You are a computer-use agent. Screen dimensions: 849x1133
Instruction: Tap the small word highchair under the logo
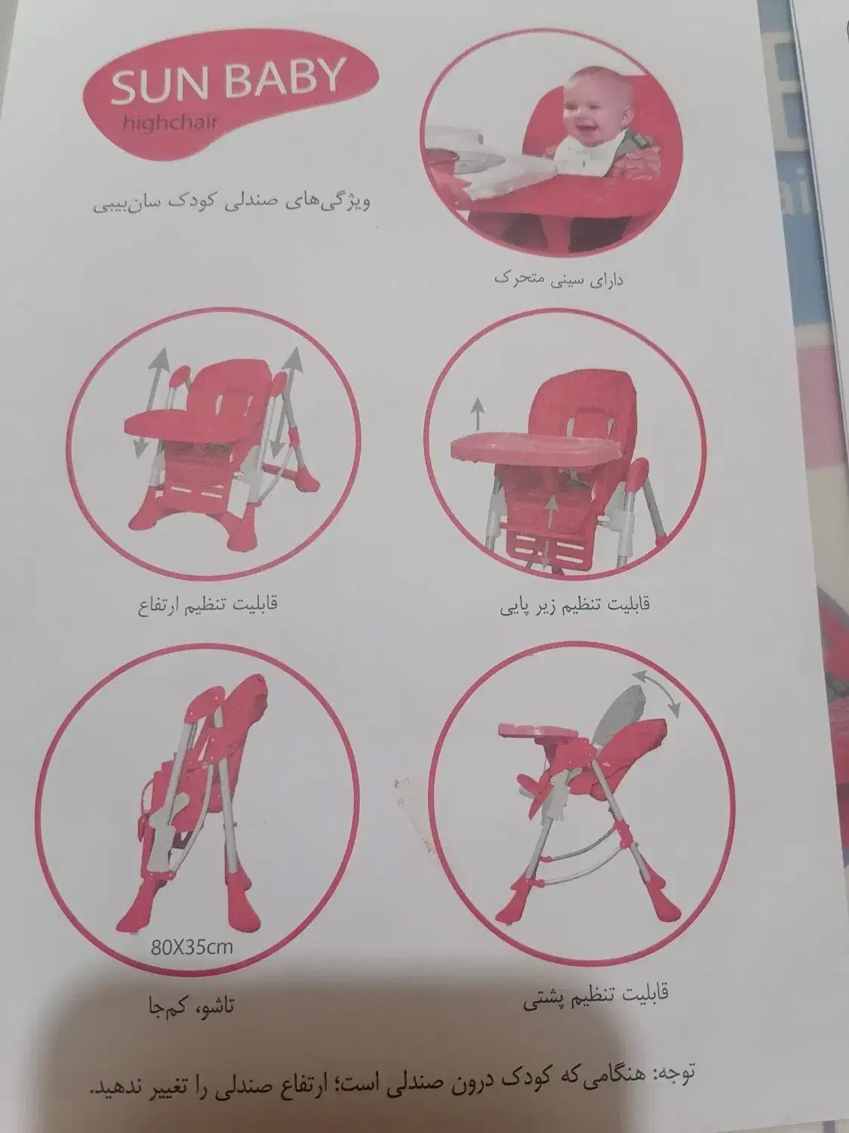pyautogui.click(x=170, y=124)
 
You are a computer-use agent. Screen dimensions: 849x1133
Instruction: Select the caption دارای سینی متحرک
pyautogui.click(x=558, y=279)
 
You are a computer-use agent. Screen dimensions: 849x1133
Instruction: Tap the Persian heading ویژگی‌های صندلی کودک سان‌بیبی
pyautogui.click(x=232, y=202)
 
